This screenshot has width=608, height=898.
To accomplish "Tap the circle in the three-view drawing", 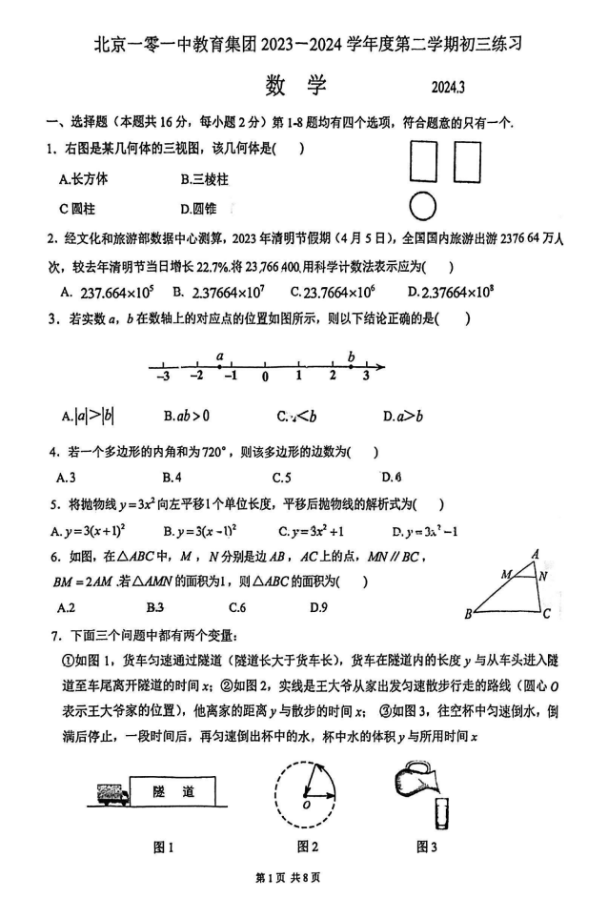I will (422, 206).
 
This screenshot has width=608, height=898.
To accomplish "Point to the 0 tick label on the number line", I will (265, 377).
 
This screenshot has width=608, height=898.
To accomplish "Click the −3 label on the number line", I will (162, 377).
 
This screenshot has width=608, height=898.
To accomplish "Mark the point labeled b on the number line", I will (352, 366).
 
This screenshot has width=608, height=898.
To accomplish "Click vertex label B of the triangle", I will (468, 615).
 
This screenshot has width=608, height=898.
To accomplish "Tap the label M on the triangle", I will (506, 574).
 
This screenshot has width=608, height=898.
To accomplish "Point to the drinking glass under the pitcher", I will (441, 813).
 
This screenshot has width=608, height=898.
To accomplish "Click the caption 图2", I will (307, 846).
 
